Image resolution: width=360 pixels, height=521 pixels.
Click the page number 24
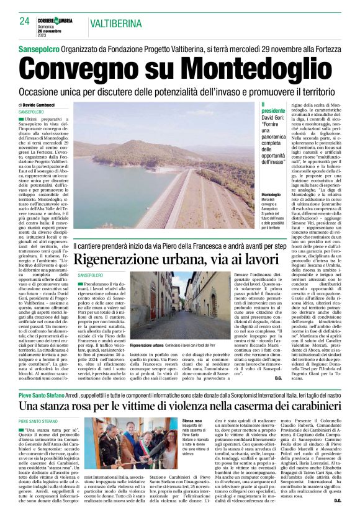click(x=24, y=20)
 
